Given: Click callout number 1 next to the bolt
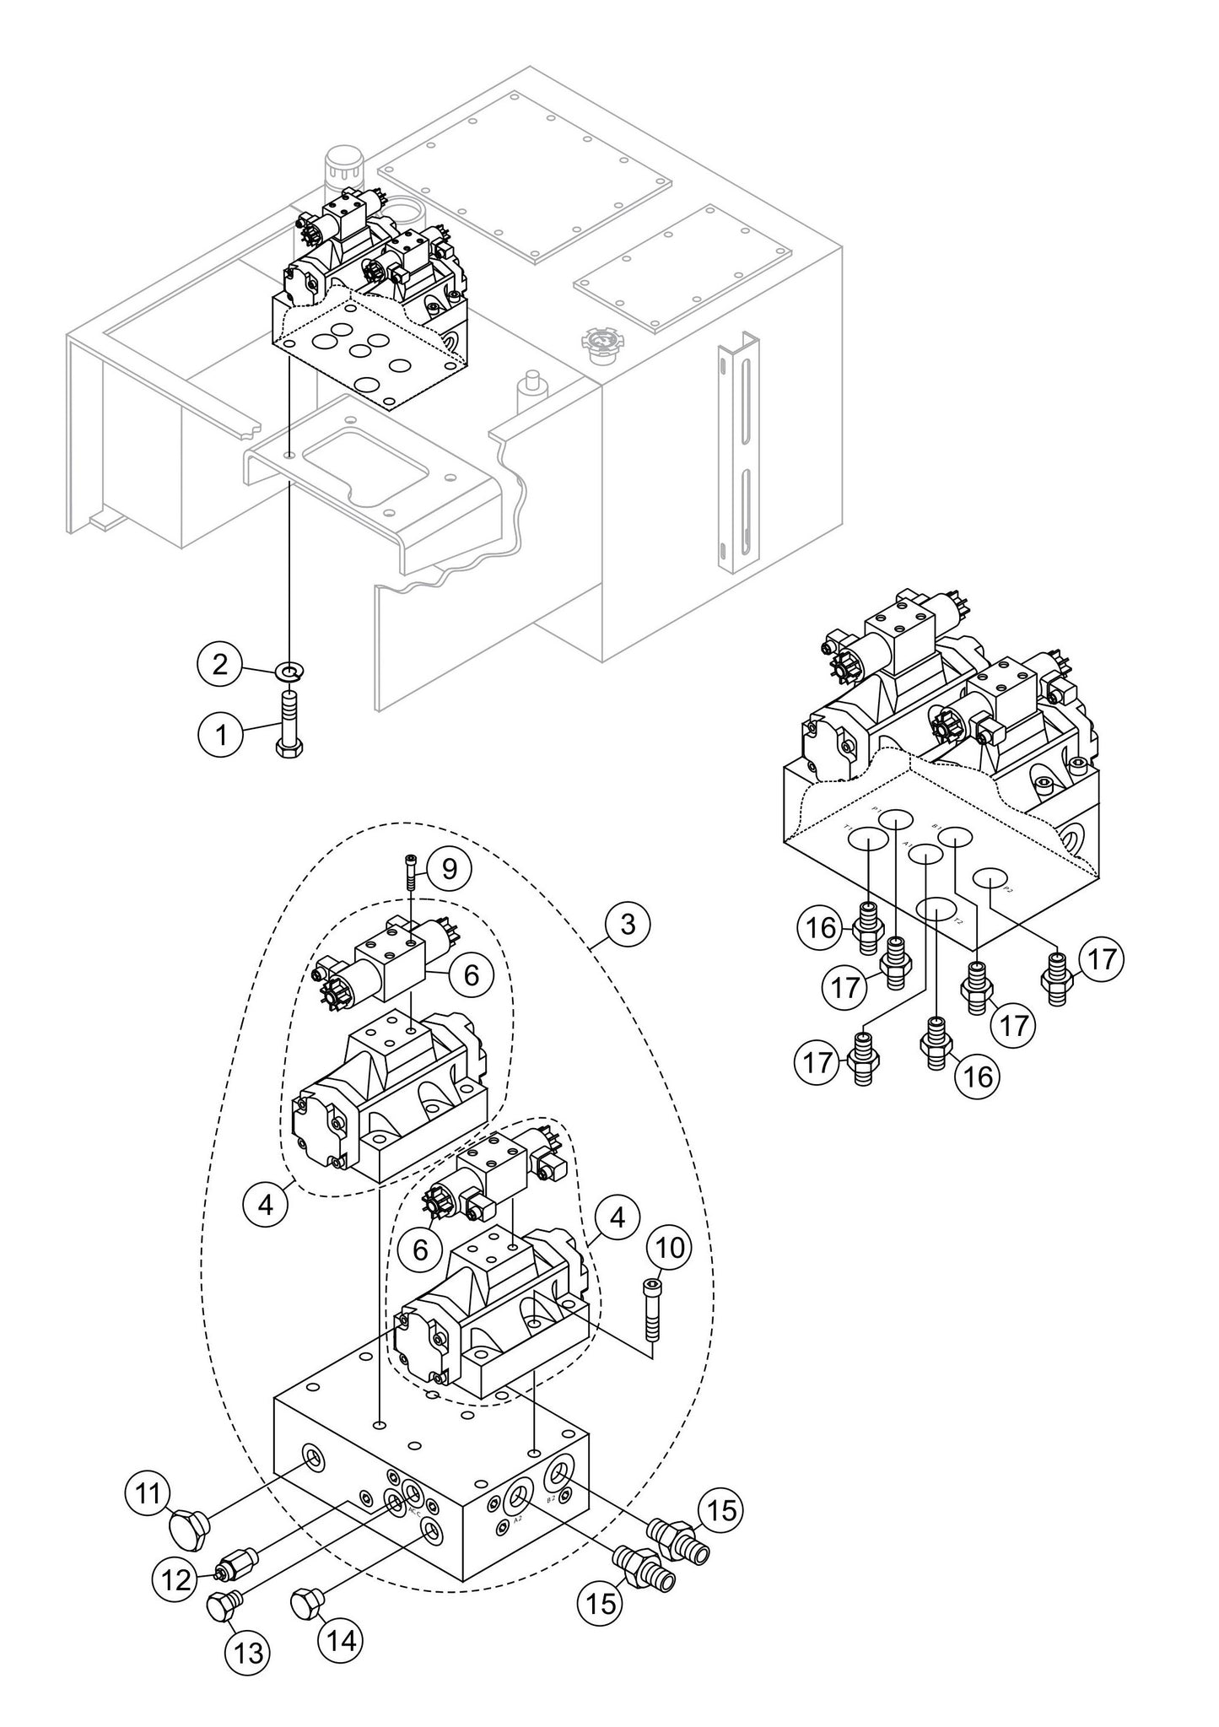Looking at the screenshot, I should pyautogui.click(x=221, y=734).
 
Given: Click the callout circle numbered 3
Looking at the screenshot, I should pyautogui.click(x=627, y=924).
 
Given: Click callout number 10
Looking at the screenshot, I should pyautogui.click(x=669, y=1247).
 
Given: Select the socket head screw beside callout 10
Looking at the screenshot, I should pyautogui.click(x=652, y=1307).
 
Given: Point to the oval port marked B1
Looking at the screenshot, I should pyautogui.click(x=956, y=837).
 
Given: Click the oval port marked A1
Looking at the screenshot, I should pyautogui.click(x=925, y=854).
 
